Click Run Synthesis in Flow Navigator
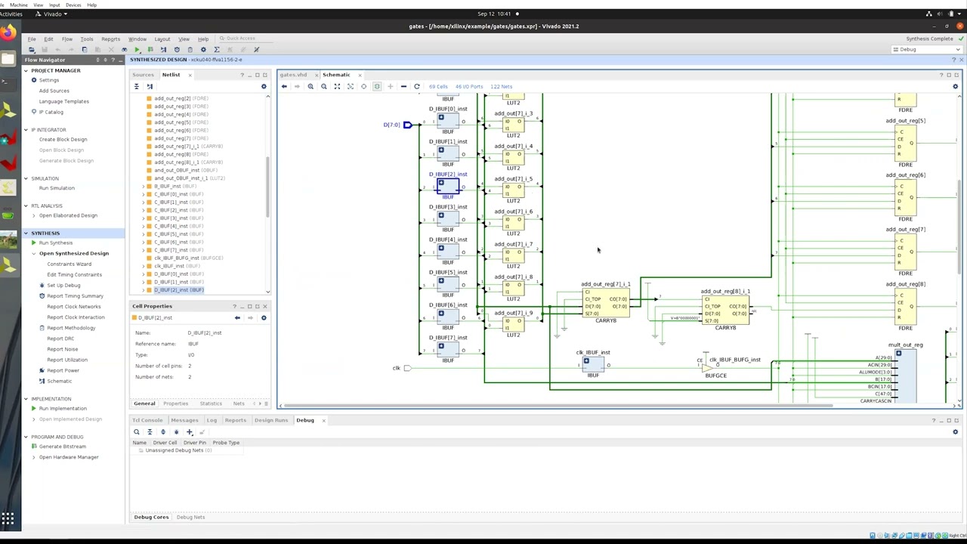tap(56, 243)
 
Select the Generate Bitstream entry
tap(63, 447)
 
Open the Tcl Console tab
tap(147, 420)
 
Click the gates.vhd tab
tap(293, 75)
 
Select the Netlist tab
tap(171, 75)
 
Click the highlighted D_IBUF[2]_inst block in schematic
tap(448, 186)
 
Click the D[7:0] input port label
tap(391, 125)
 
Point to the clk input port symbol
tap(407, 368)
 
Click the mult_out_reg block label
tap(905, 345)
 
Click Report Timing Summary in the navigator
tap(75, 296)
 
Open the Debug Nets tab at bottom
tap(190, 517)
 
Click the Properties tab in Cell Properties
tap(175, 403)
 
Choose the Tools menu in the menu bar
tap(87, 39)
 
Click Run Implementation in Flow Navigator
tap(63, 409)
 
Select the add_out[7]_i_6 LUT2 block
tap(513, 222)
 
